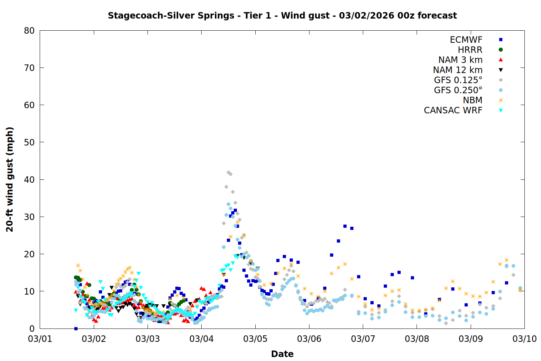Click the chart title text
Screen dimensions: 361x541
[282, 16]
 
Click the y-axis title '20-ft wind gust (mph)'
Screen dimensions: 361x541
[10, 179]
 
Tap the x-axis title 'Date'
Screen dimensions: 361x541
[282, 354]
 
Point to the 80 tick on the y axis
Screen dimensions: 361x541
[29, 31]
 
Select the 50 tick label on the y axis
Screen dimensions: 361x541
[29, 142]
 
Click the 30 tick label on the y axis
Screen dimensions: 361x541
[29, 217]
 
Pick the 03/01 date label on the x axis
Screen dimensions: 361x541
[40, 339]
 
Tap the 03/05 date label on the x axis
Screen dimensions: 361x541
[255, 339]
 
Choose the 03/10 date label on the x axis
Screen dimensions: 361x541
[524, 339]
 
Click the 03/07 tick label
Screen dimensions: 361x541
[363, 339]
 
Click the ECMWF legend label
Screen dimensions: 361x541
[466, 40]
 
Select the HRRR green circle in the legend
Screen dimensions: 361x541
[501, 50]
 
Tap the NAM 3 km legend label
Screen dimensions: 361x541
[460, 60]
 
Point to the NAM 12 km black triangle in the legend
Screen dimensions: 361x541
[501, 70]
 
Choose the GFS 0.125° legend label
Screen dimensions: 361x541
[458, 80]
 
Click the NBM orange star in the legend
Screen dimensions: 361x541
[501, 100]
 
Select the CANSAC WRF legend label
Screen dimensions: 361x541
[453, 110]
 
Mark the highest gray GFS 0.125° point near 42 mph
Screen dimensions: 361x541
[228, 173]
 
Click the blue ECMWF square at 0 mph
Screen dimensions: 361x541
[76, 329]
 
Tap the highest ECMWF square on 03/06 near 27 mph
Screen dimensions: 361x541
[345, 226]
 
